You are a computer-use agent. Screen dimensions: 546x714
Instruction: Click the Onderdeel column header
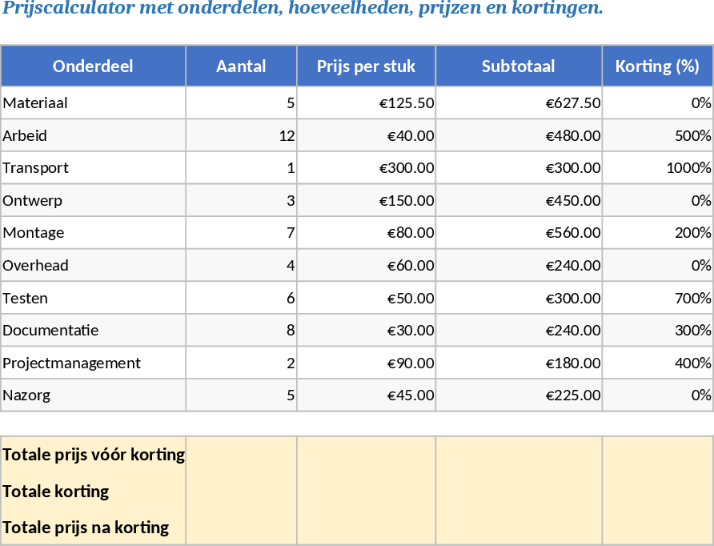[x=93, y=66]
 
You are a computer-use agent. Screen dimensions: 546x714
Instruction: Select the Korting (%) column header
[x=657, y=66]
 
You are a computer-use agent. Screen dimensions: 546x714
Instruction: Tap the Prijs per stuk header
[x=366, y=66]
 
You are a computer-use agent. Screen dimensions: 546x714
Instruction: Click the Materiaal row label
[x=35, y=103]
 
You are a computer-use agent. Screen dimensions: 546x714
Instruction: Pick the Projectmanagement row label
[x=71, y=363]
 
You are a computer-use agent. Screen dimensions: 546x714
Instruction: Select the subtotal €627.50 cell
[x=573, y=103]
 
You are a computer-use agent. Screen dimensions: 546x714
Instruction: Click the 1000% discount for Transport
[x=688, y=168]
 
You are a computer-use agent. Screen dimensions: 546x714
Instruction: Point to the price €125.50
[x=407, y=103]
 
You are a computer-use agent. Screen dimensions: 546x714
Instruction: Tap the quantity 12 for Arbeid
[x=287, y=136]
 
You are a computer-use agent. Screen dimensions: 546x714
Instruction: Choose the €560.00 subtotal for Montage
[x=573, y=233]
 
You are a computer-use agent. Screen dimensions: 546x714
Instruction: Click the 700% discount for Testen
[x=692, y=299]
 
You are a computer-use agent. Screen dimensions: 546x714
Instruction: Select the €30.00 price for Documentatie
[x=411, y=331]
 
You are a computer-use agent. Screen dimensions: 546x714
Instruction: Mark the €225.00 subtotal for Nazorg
[x=573, y=395]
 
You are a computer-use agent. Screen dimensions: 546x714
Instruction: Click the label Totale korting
[x=56, y=492]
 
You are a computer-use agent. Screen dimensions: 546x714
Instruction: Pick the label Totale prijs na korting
[x=86, y=528]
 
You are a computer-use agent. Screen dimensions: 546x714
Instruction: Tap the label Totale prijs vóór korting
[x=94, y=455]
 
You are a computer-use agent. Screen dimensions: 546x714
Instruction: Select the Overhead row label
[x=35, y=266]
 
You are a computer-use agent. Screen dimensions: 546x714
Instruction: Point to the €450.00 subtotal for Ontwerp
[x=573, y=201]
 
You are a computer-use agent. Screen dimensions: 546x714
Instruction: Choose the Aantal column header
[x=241, y=66]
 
